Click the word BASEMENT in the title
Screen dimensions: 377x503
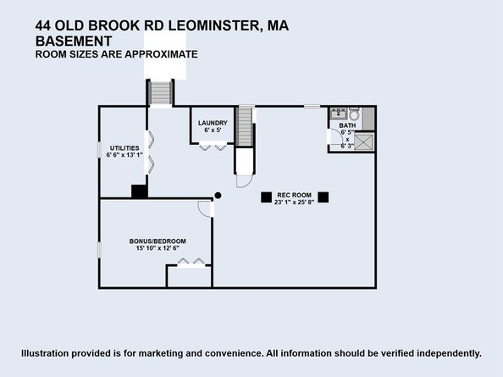[75, 41]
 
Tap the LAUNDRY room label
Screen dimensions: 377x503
[213, 123]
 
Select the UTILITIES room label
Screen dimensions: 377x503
[123, 147]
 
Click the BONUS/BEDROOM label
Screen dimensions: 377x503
[158, 240]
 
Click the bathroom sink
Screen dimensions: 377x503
[338, 114]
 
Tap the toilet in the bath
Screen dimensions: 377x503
[354, 114]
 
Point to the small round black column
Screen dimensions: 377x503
[218, 196]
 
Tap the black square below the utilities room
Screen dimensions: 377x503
[139, 191]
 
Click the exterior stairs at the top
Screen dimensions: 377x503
[160, 92]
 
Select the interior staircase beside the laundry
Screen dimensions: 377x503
[245, 126]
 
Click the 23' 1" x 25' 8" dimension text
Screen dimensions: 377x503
[295, 203]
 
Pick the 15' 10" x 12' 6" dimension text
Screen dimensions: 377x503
[158, 248]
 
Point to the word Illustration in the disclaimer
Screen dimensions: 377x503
[49, 353]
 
